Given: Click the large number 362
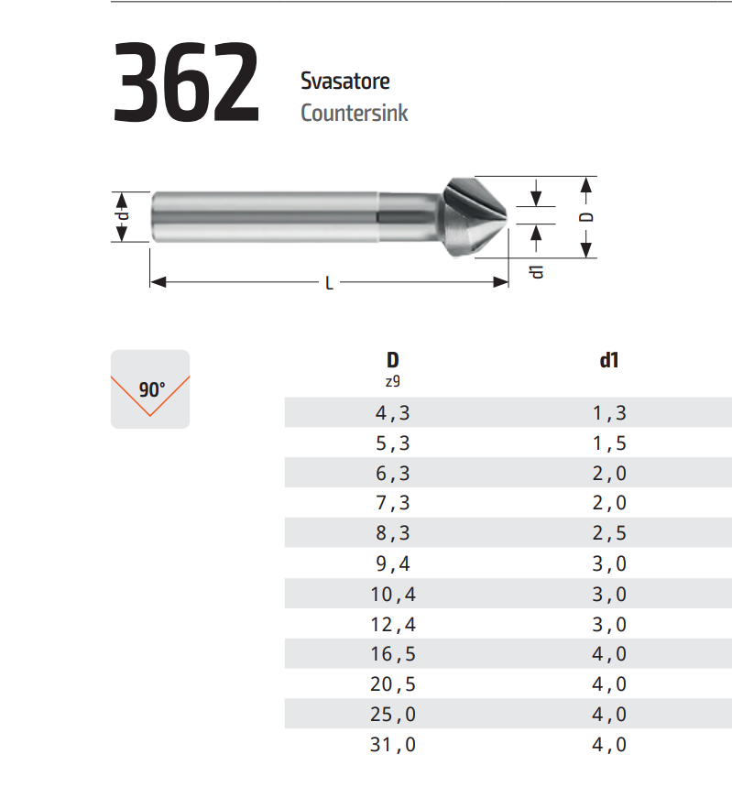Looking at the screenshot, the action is point(186,82).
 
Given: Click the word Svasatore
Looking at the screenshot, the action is point(344,81).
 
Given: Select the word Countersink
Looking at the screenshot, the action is point(354,113).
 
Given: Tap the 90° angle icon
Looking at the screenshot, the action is point(150,389).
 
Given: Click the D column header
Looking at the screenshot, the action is point(393,360).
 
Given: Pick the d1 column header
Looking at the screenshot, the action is point(609,360).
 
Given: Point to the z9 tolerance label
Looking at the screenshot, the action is point(393,381).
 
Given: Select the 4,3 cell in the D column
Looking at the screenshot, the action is point(393,413).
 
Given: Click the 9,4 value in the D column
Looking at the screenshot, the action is point(393,563).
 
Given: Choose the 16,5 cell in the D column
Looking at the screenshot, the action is point(393,654).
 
